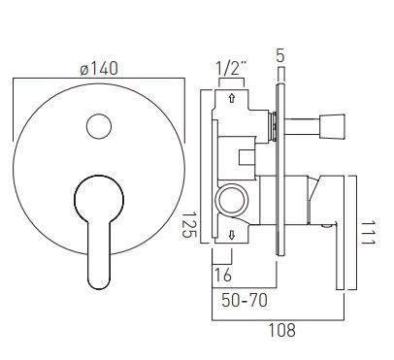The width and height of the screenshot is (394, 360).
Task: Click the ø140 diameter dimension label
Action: (x=99, y=69)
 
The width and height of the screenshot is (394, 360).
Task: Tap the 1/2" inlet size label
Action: (x=231, y=69)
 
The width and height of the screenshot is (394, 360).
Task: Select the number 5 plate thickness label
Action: (x=280, y=55)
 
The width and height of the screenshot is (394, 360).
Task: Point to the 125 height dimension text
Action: (x=190, y=225)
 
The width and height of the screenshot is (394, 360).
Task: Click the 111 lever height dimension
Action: (x=368, y=233)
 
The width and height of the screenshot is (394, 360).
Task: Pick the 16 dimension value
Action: (x=223, y=275)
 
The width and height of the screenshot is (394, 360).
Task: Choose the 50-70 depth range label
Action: (x=245, y=300)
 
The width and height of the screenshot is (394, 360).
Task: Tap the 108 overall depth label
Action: (x=282, y=330)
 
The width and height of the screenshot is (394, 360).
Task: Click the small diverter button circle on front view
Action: (x=99, y=126)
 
